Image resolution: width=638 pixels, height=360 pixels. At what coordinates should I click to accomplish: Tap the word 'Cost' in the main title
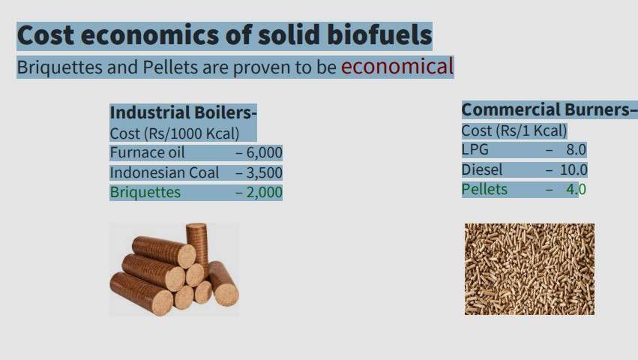46,35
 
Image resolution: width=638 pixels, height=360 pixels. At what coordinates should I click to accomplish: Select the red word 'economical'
397,67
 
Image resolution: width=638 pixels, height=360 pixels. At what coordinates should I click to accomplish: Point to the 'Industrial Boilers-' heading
183,112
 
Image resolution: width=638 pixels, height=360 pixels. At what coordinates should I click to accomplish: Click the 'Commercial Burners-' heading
550,109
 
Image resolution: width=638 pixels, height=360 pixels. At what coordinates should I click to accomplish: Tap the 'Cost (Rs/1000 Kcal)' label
175,133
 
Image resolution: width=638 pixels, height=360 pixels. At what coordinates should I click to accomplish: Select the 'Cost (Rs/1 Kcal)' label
514,130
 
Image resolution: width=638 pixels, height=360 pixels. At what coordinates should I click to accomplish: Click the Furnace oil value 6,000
264,152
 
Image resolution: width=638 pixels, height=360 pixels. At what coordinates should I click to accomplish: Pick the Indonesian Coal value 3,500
264,172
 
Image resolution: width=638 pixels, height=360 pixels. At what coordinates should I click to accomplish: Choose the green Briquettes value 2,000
264,192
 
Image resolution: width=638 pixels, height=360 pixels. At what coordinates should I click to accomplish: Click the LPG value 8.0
577,149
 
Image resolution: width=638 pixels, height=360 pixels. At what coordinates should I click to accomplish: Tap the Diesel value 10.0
574,169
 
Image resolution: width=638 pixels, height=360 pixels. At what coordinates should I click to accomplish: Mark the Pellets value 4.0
577,189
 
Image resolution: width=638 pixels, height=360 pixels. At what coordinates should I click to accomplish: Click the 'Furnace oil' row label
147,152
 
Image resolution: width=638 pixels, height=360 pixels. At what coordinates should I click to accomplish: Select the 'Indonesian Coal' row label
164,172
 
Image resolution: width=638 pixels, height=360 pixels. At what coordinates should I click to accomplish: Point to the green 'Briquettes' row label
145,192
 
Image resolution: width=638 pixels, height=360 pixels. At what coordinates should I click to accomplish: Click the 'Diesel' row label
482,169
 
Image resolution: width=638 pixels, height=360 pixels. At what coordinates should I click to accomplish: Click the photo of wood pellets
529,268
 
